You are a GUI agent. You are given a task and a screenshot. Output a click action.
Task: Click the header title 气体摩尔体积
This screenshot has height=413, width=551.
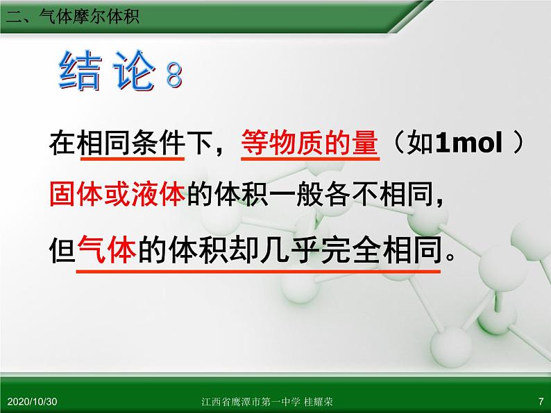[x=90, y=17]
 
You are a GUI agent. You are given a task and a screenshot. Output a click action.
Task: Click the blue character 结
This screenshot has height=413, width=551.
[x=80, y=71]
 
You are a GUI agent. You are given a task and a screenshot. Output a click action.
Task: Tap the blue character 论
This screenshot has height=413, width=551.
[x=134, y=71]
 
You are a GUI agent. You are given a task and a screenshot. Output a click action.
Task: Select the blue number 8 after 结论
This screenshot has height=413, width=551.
[x=174, y=75]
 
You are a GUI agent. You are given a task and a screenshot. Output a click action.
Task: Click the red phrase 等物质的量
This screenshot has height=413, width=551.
[x=310, y=143]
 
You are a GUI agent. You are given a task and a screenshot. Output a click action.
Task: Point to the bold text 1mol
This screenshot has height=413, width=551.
[x=469, y=143]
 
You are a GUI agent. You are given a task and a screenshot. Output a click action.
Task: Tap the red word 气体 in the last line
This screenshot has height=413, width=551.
[x=107, y=250]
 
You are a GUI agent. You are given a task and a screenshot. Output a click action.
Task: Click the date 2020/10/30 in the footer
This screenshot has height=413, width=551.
[x=32, y=401]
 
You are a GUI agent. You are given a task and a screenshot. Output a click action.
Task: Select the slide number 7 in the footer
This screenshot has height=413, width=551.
[x=541, y=401]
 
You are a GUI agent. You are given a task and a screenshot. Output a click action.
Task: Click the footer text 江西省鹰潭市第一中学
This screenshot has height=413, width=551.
[x=251, y=401]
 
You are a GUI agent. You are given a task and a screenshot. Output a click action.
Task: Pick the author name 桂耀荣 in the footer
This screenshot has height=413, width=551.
[x=319, y=401]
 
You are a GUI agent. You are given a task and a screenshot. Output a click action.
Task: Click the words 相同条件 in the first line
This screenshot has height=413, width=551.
[x=131, y=143]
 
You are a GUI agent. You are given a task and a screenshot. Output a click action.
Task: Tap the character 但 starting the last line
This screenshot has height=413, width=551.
[x=62, y=250]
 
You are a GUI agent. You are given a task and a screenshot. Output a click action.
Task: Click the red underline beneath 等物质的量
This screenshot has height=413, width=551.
[x=310, y=159]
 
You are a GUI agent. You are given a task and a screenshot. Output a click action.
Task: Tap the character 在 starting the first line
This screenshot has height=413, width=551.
[x=62, y=143]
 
